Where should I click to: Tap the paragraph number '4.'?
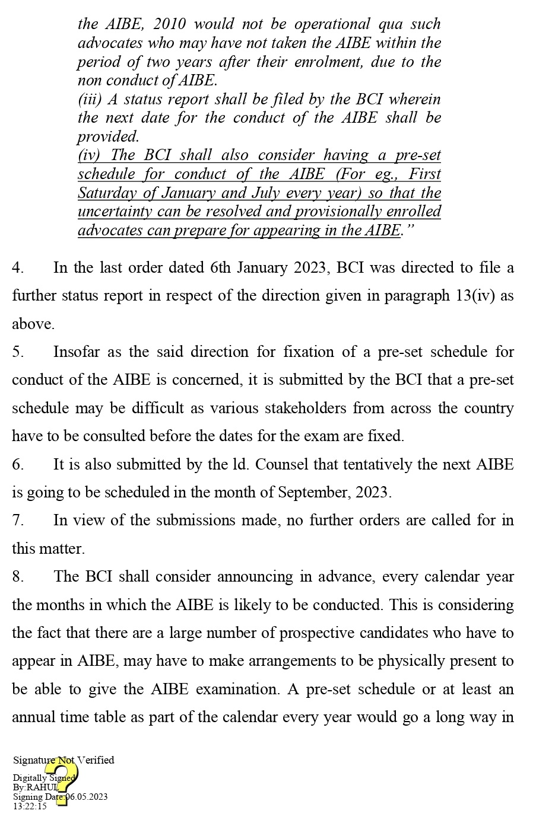click(x=18, y=267)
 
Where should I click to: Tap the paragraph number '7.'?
click(x=18, y=520)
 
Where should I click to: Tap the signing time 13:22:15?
click(x=30, y=806)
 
